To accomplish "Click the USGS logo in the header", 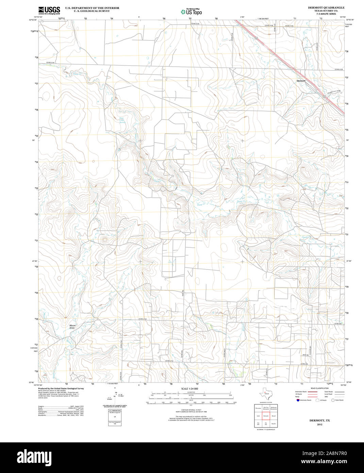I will point(49,10).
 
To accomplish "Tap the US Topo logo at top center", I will point(191,12).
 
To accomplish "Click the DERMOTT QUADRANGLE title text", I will point(326,7).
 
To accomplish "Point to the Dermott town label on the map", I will point(301,81).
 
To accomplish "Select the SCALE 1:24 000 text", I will point(189,389).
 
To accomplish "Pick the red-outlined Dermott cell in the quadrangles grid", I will point(266,416).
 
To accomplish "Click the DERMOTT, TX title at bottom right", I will point(319,421).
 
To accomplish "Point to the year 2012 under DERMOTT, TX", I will point(319,425).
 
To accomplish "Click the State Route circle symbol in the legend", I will point(333,400).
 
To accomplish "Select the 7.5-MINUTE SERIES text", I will point(326,14).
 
